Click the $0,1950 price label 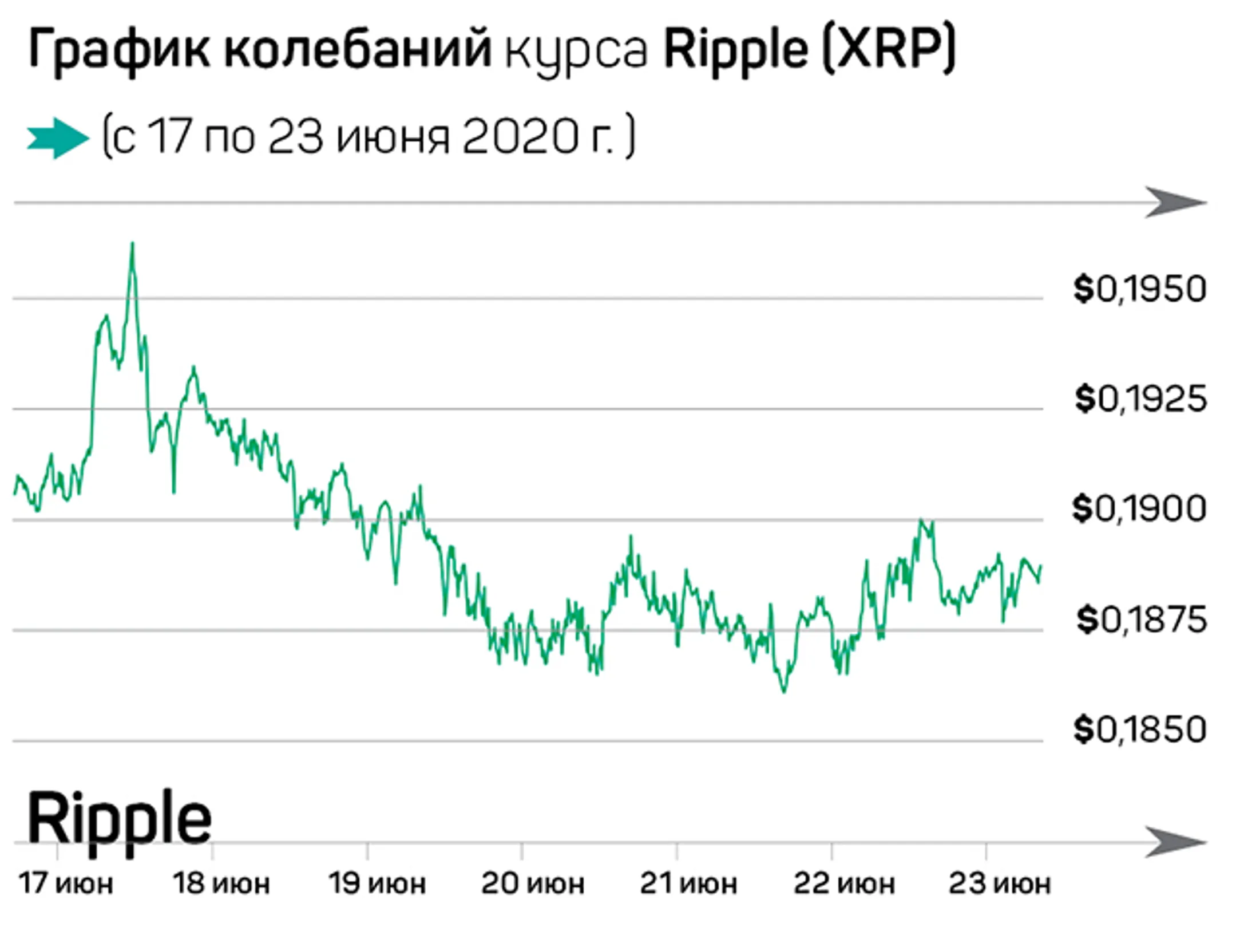pyautogui.click(x=1139, y=289)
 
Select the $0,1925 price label pyautogui.click(x=1140, y=399)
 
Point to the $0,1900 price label pyautogui.click(x=1139, y=508)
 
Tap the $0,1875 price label pyautogui.click(x=1141, y=620)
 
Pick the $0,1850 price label pyautogui.click(x=1139, y=729)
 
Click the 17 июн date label pyautogui.click(x=66, y=883)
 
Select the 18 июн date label pyautogui.click(x=221, y=883)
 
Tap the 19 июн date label pyautogui.click(x=377, y=883)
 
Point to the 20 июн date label pyautogui.click(x=532, y=883)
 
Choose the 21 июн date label pyautogui.click(x=688, y=883)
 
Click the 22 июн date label pyautogui.click(x=843, y=883)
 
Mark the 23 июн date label pyautogui.click(x=999, y=883)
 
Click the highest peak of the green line pyautogui.click(x=133, y=244)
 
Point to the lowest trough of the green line pyautogui.click(x=784, y=691)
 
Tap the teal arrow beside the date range pyautogui.click(x=58, y=138)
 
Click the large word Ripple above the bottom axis pyautogui.click(x=119, y=819)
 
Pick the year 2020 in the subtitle pyautogui.click(x=520, y=137)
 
